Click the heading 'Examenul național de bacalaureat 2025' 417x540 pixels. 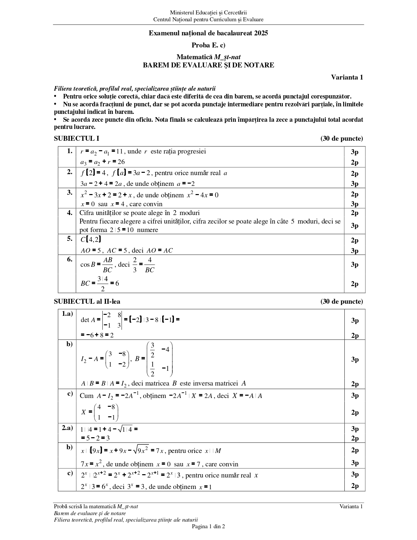208,33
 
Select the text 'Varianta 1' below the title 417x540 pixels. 347,78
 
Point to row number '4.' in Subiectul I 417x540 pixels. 70,213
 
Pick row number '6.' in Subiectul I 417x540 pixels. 70,260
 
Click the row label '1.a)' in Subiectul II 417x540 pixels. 67,314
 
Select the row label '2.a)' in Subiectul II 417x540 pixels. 67,428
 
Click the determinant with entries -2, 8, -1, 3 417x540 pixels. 112,320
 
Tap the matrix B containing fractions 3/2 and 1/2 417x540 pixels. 160,359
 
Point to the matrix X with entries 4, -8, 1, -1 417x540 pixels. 106,412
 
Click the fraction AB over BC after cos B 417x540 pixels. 107,265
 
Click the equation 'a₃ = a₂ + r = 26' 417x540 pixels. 102,162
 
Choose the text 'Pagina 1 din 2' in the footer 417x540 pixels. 208,526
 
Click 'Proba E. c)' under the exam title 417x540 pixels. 208,45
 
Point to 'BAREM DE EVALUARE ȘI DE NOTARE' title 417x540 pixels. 208,65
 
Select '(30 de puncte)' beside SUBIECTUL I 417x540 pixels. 341,138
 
